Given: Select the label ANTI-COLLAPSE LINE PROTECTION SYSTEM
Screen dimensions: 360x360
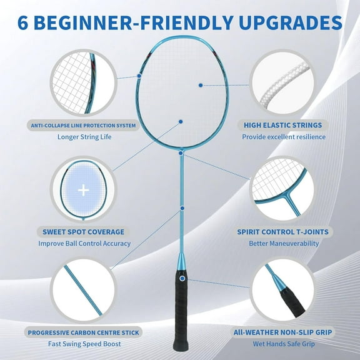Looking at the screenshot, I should (x=84, y=126).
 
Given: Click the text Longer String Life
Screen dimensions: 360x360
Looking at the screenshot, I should (x=84, y=136).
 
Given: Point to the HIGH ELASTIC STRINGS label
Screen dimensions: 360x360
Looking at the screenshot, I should (x=282, y=126).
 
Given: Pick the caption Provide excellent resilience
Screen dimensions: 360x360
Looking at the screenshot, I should (x=284, y=136).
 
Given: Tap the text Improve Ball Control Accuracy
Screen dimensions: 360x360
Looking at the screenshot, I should (x=84, y=243).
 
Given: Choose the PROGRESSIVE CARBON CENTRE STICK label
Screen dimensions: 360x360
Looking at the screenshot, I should (x=83, y=332).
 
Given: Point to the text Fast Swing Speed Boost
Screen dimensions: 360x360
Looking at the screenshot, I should (x=84, y=343).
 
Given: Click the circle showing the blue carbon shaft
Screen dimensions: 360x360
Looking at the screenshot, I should (x=83, y=291).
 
